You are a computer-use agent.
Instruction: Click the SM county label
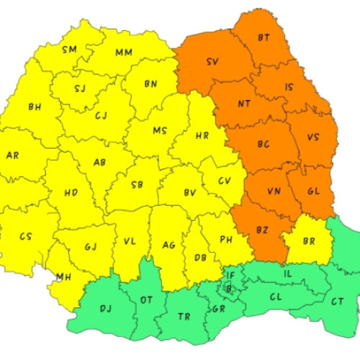pyautogui.click(x=69, y=49)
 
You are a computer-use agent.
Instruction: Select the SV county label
pyautogui.click(x=212, y=62)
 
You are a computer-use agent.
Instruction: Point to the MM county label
pyautogui.click(x=123, y=52)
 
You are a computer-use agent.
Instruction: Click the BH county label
pyautogui.click(x=35, y=107)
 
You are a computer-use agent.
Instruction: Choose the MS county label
pyautogui.click(x=160, y=130)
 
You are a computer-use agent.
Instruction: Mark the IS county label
pyautogui.click(x=289, y=87)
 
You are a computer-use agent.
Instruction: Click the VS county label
pyautogui.click(x=313, y=137)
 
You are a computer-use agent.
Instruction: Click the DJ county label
pyautogui.click(x=105, y=308)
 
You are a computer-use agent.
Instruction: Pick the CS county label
pyautogui.click(x=26, y=236)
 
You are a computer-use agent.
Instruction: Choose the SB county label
pyautogui.click(x=137, y=184)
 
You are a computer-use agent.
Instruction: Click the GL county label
pyautogui.click(x=313, y=192)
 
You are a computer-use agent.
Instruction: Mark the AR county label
pyautogui.click(x=12, y=155)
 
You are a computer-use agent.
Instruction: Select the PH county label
pyautogui.click(x=225, y=239)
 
